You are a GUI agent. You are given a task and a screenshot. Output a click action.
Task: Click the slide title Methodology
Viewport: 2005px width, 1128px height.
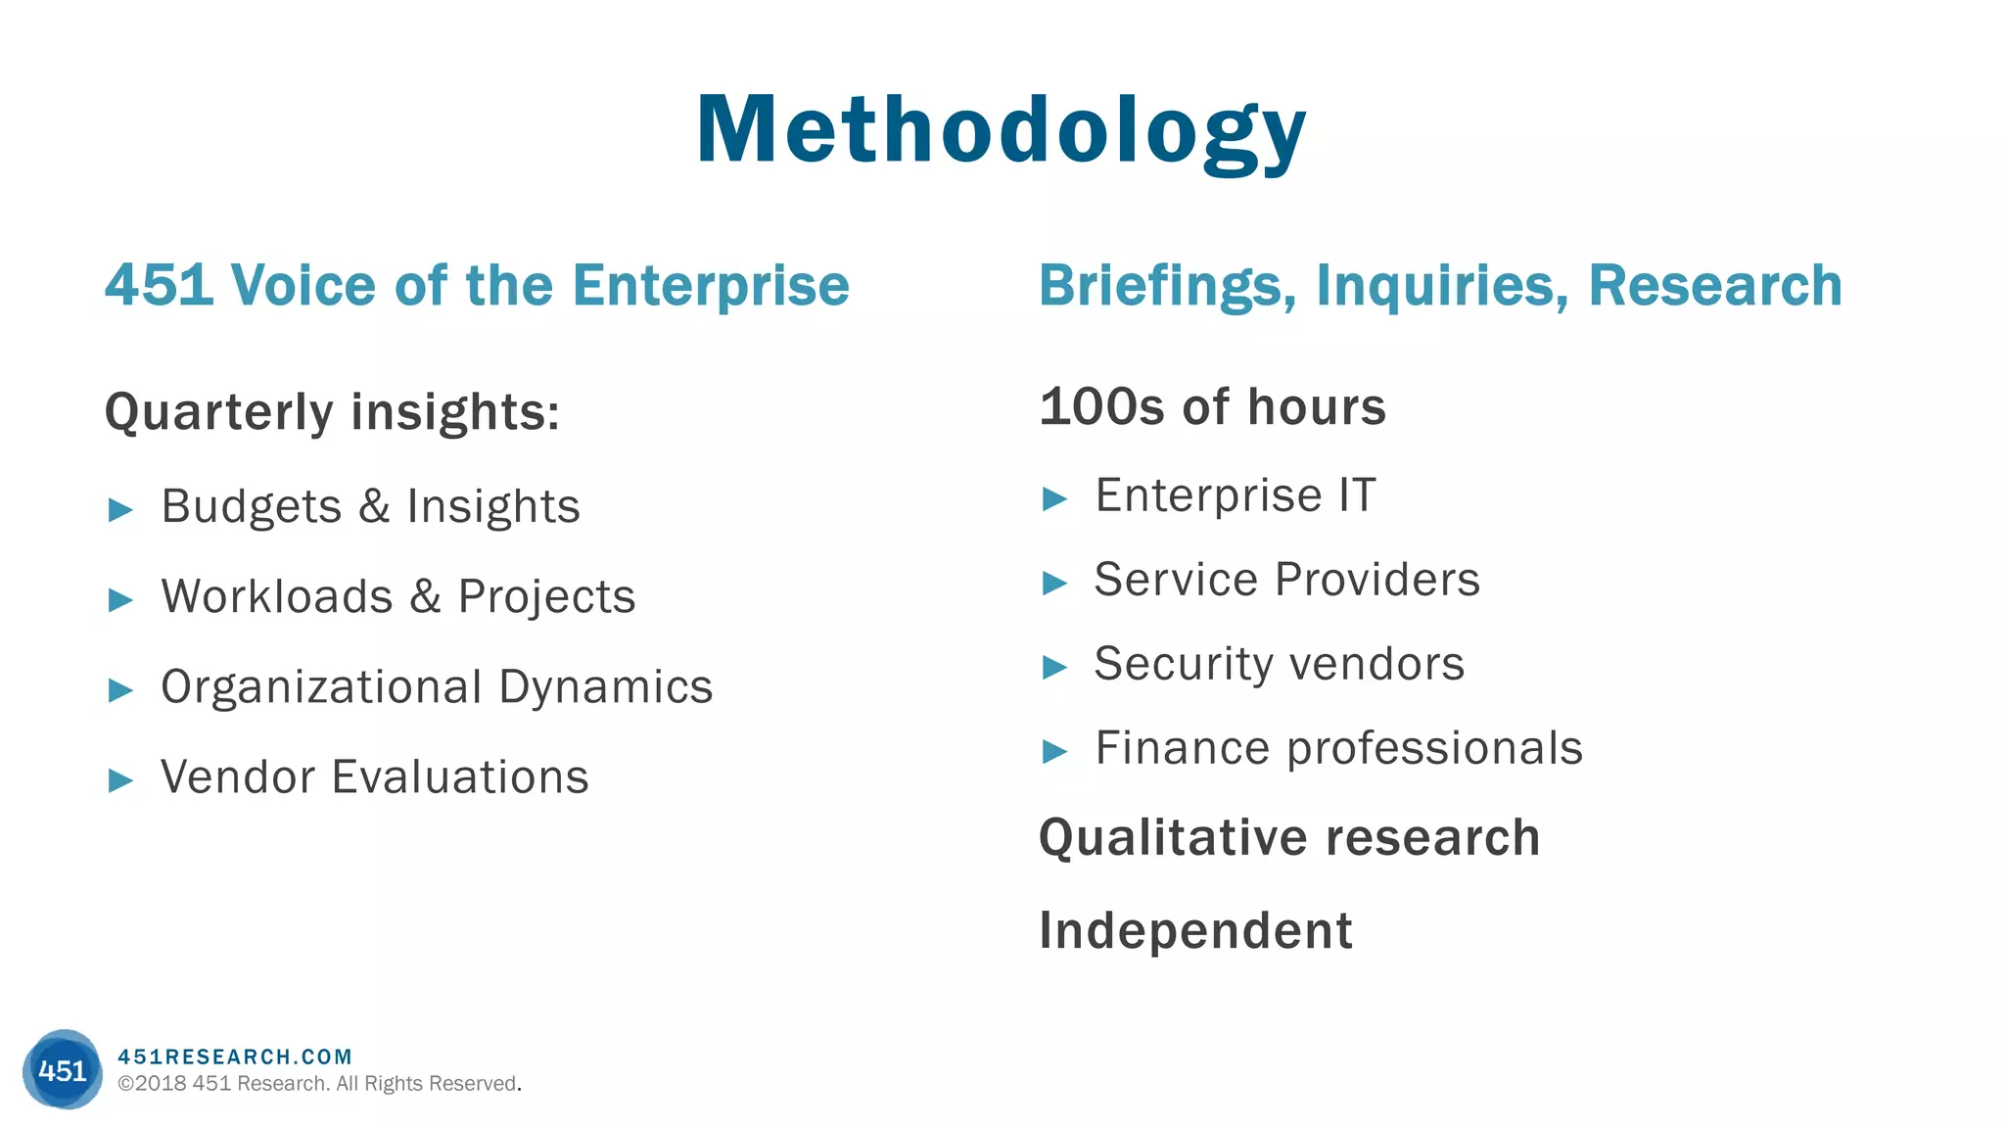coord(1001,131)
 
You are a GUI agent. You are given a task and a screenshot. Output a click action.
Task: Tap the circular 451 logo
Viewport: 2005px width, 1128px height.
coord(63,1069)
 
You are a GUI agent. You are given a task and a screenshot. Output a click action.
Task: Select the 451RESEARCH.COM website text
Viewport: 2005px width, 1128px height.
coord(235,1057)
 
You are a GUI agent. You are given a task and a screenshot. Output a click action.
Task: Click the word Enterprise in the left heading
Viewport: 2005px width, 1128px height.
coord(710,286)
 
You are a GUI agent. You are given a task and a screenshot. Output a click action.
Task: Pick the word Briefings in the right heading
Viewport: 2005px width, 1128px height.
coord(1167,286)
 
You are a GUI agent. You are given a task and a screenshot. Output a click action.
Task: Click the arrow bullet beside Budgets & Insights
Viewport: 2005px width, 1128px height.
coord(120,509)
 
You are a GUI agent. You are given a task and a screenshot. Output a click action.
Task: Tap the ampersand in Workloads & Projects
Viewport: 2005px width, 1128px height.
coord(425,596)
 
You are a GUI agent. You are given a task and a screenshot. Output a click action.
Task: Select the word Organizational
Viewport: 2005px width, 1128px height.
coord(321,687)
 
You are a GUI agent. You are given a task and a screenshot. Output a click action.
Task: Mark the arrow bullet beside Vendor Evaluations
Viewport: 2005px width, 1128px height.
coord(120,780)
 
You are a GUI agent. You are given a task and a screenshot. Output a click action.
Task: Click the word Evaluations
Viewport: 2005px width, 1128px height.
coord(460,777)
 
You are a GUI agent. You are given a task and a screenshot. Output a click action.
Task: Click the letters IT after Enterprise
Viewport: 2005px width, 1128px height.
coord(1358,495)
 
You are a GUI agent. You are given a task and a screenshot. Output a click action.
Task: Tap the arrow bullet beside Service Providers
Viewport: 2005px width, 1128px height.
coord(1054,583)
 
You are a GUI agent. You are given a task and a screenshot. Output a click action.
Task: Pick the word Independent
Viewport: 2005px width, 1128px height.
coord(1195,930)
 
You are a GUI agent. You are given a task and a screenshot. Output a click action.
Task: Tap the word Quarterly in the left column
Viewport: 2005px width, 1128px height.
coord(219,412)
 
